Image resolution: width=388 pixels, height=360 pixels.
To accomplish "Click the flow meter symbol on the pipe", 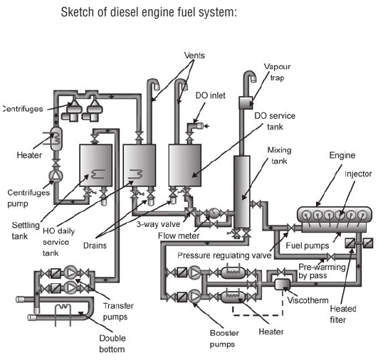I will pyautogui.click(x=211, y=213).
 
